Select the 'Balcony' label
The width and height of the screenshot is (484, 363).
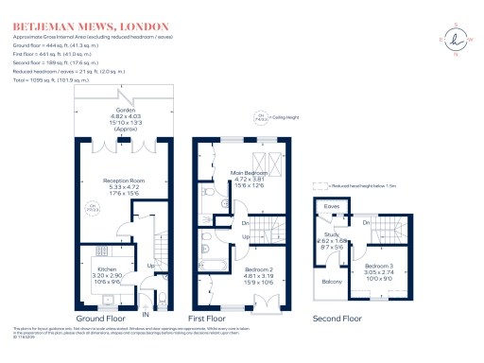(333, 281)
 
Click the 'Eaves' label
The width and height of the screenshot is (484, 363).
(332, 205)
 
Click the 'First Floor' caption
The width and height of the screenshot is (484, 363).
(218, 320)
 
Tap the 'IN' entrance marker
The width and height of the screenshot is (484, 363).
(145, 313)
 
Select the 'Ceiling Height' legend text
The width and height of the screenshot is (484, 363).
(287, 118)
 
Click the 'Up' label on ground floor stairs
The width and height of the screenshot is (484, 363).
(150, 267)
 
